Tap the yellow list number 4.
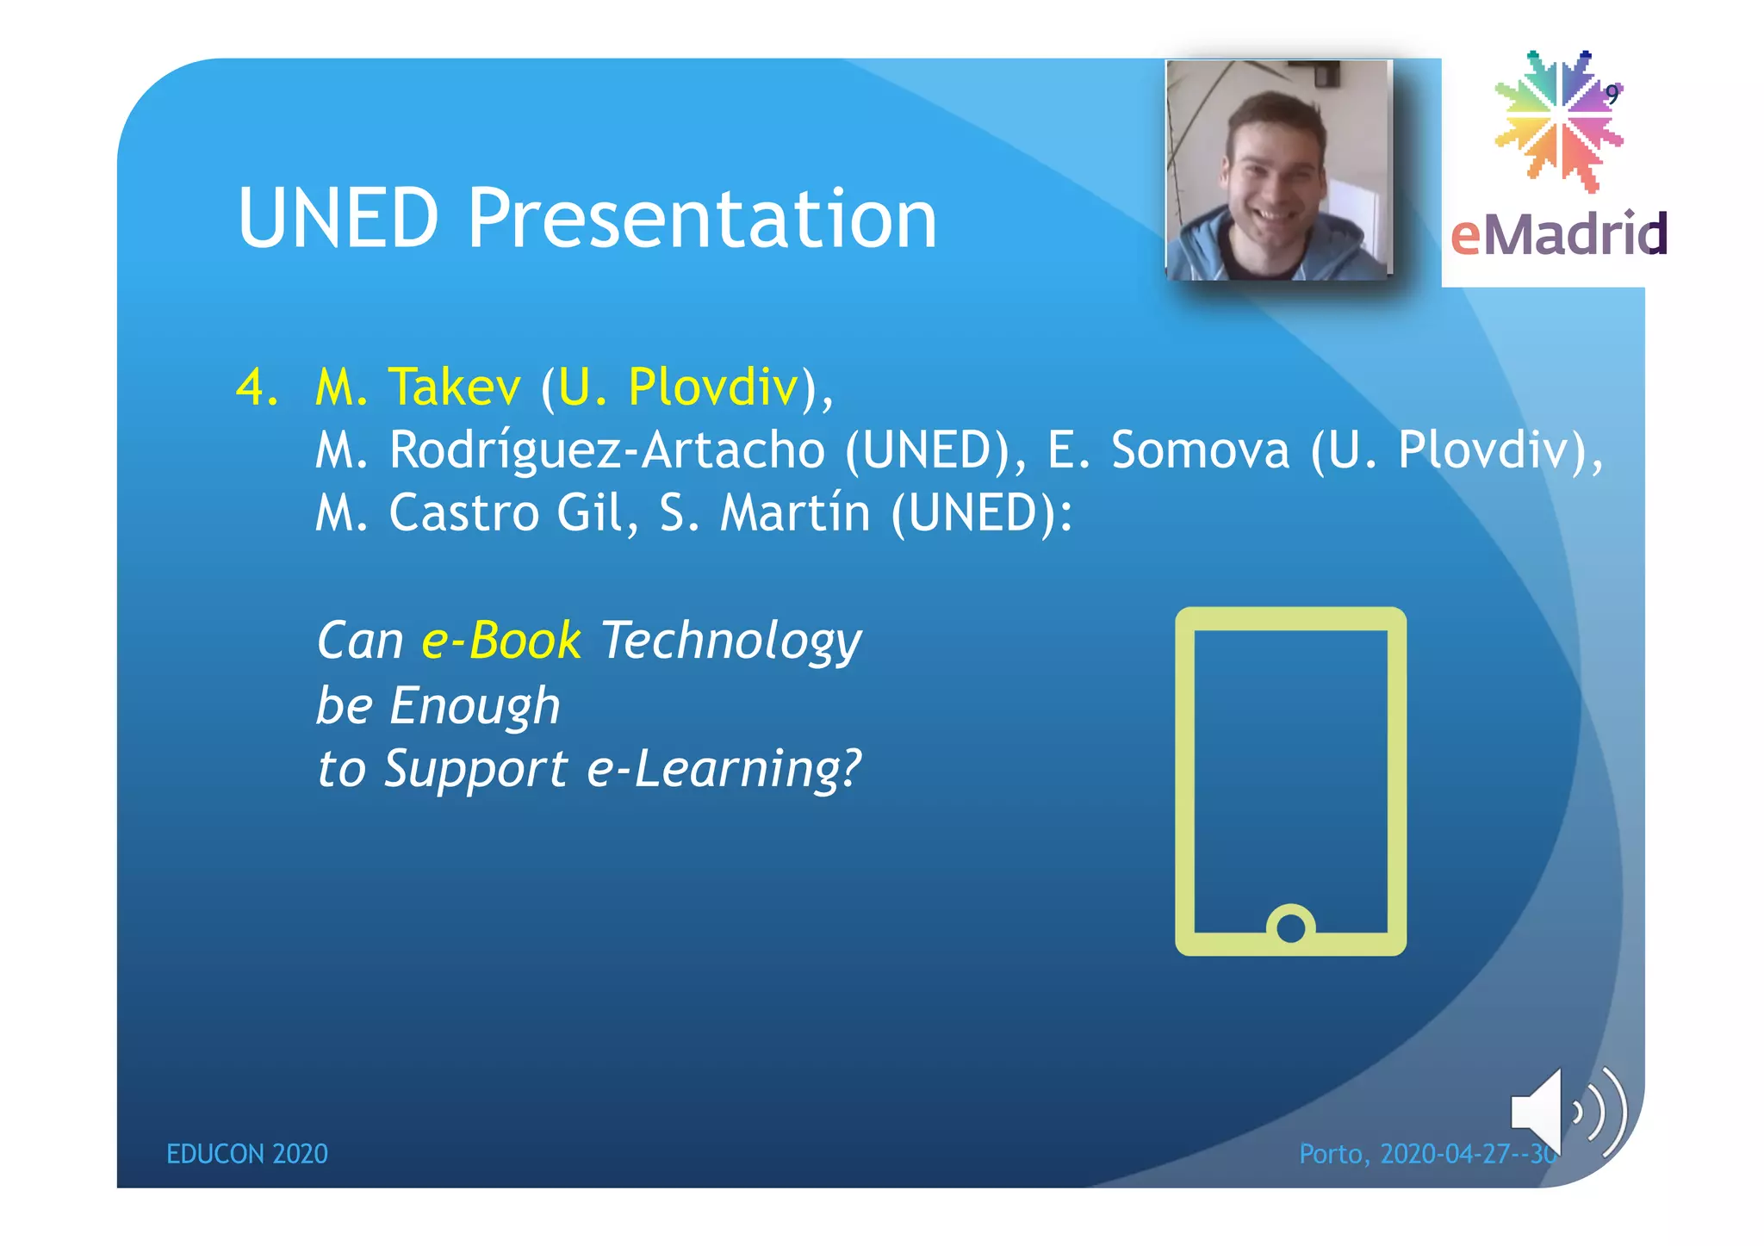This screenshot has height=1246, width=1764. [256, 387]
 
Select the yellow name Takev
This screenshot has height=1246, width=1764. [454, 387]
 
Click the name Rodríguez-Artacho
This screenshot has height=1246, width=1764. [606, 451]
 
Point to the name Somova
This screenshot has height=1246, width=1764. [1200, 450]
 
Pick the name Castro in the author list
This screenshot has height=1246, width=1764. [463, 513]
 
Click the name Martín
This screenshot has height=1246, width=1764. [794, 513]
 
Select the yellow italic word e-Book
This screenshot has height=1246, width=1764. [501, 642]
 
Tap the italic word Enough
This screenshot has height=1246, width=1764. [475, 707]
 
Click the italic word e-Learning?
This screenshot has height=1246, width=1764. [724, 769]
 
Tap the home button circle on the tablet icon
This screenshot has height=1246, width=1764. [1290, 927]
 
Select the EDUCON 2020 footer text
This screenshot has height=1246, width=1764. [247, 1154]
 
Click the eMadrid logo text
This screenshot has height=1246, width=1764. [1559, 234]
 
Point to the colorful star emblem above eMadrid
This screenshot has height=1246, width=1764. [1557, 121]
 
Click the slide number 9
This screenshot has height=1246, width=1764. [1612, 95]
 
